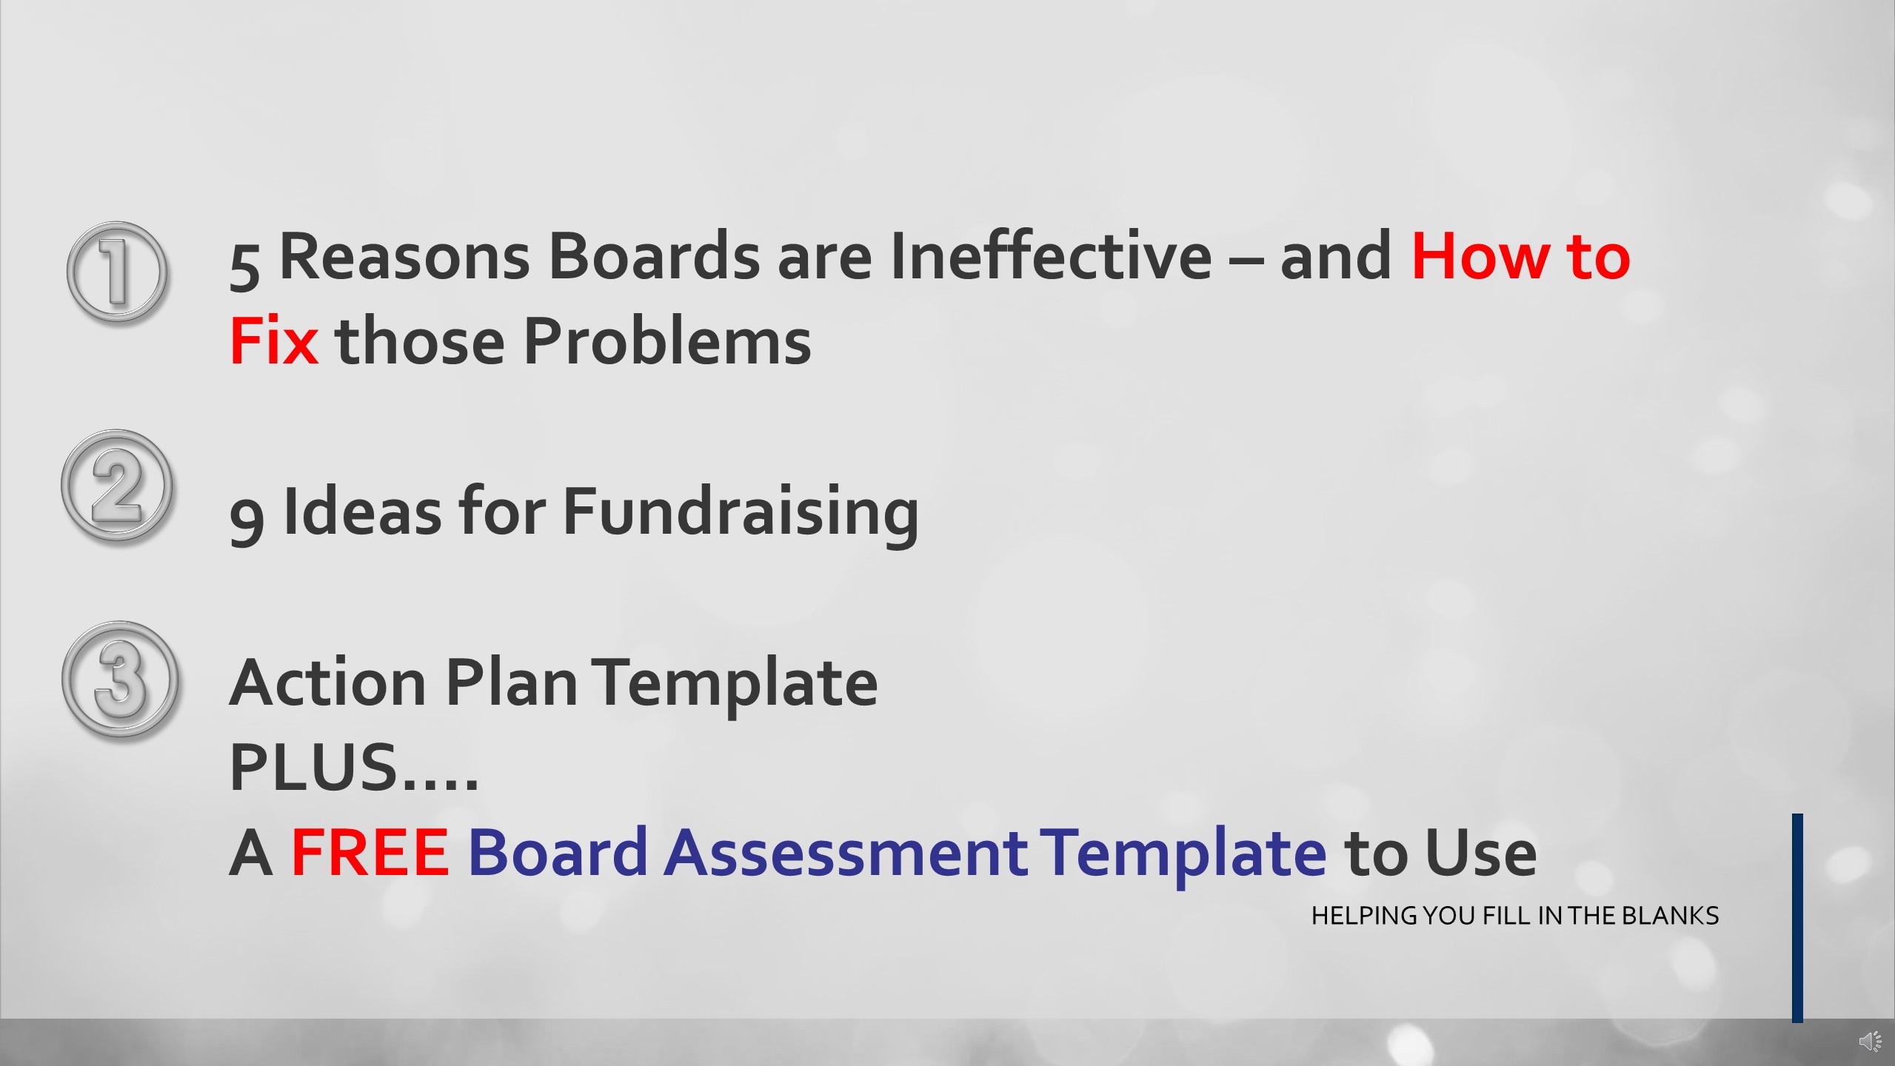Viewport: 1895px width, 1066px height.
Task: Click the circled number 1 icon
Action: [x=117, y=272]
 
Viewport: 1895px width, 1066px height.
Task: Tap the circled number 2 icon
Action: [x=116, y=486]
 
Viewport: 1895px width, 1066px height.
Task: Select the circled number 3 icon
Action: [x=119, y=679]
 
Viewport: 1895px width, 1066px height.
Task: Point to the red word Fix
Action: [x=274, y=341]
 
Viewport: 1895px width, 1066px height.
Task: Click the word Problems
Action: [x=667, y=341]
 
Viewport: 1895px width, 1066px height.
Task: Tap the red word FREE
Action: [x=370, y=852]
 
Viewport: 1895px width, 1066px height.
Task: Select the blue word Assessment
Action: [x=846, y=852]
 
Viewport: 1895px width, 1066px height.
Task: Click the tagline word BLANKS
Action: [x=1670, y=916]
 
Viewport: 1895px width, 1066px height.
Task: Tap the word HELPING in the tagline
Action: [x=1364, y=916]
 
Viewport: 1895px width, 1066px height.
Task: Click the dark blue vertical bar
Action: [x=1797, y=918]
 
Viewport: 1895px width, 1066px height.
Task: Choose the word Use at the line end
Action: [x=1480, y=852]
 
